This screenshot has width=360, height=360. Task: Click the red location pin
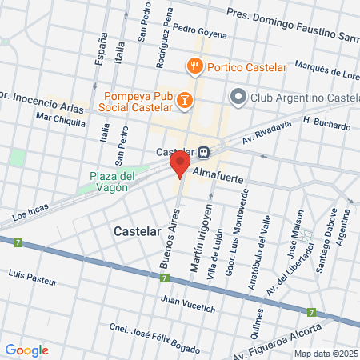click(x=179, y=166)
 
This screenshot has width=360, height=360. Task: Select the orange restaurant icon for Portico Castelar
click(x=194, y=67)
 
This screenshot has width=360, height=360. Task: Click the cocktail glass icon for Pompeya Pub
click(x=184, y=99)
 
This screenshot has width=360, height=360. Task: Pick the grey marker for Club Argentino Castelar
click(x=238, y=98)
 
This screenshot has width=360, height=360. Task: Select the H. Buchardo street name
click(x=326, y=122)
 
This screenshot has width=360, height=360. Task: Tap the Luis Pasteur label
click(x=31, y=274)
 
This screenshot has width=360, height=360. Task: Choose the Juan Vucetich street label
click(x=189, y=304)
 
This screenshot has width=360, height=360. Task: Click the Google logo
click(x=26, y=350)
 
